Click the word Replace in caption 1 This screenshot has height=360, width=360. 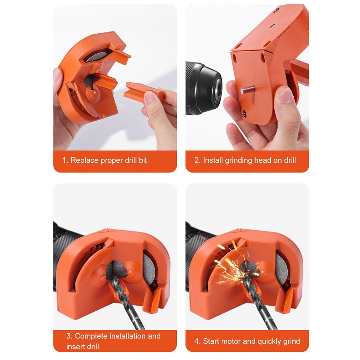(84, 160)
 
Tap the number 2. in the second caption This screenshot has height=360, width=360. (197, 160)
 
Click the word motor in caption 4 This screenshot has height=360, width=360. (233, 341)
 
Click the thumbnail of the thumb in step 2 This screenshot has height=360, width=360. (287, 96)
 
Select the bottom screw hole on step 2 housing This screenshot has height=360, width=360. (245, 113)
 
